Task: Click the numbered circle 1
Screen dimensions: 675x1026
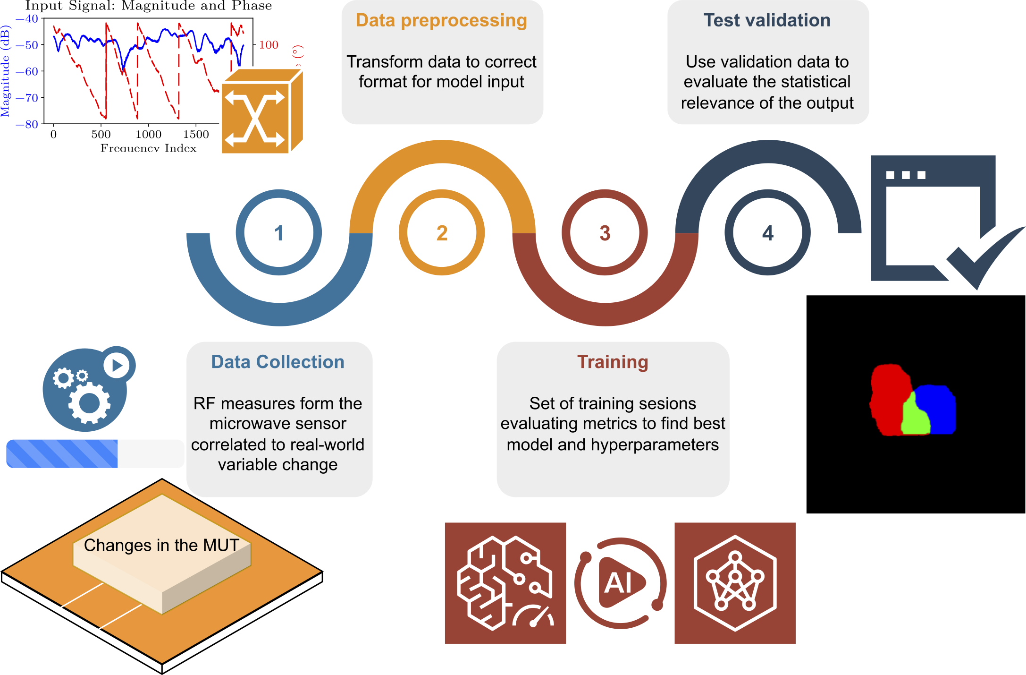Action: [279, 232]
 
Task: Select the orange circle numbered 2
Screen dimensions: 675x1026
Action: [442, 232]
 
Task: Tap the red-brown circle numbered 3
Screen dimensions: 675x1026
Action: [605, 232]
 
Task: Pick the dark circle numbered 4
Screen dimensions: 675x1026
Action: [768, 232]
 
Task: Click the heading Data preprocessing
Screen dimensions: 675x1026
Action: [441, 20]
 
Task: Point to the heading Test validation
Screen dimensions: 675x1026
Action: [767, 20]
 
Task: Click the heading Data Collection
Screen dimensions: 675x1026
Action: [278, 362]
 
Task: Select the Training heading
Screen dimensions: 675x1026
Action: [613, 362]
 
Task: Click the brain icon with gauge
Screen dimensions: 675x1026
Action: [505, 583]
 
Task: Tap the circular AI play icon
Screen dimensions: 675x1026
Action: [620, 583]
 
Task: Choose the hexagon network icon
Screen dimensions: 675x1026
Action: [735, 583]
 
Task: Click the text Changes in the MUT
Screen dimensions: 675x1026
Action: [161, 545]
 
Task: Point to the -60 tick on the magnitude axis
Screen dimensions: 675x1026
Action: [27, 71]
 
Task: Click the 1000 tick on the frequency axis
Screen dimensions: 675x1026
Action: [148, 134]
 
